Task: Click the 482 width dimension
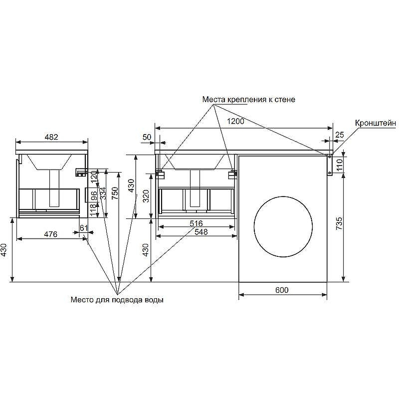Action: (x=52, y=136)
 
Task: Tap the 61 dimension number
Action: (x=84, y=228)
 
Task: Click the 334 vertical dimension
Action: (x=103, y=193)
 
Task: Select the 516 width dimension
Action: (x=196, y=224)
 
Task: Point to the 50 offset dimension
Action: (x=147, y=137)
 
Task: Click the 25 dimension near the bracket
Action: (x=340, y=135)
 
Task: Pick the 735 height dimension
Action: (x=339, y=224)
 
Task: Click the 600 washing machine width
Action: (x=282, y=290)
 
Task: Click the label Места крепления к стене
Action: (x=248, y=99)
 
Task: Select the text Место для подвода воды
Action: (x=117, y=300)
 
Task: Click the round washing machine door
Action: (x=283, y=227)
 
